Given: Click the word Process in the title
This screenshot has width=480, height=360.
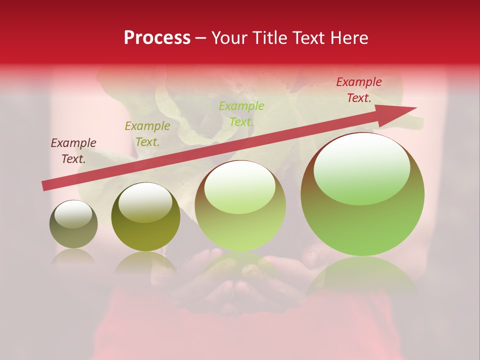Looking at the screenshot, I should click(157, 38).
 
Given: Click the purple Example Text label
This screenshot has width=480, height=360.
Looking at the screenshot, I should click(73, 151).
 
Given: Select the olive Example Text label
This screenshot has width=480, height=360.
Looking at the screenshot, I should click(147, 134).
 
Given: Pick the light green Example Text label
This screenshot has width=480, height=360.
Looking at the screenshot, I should click(241, 113).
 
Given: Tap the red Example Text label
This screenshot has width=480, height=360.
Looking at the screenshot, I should click(359, 90).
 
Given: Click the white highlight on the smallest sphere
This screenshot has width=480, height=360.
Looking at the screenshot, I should click(73, 213).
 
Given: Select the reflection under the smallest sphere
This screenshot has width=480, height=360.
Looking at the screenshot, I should click(73, 257).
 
